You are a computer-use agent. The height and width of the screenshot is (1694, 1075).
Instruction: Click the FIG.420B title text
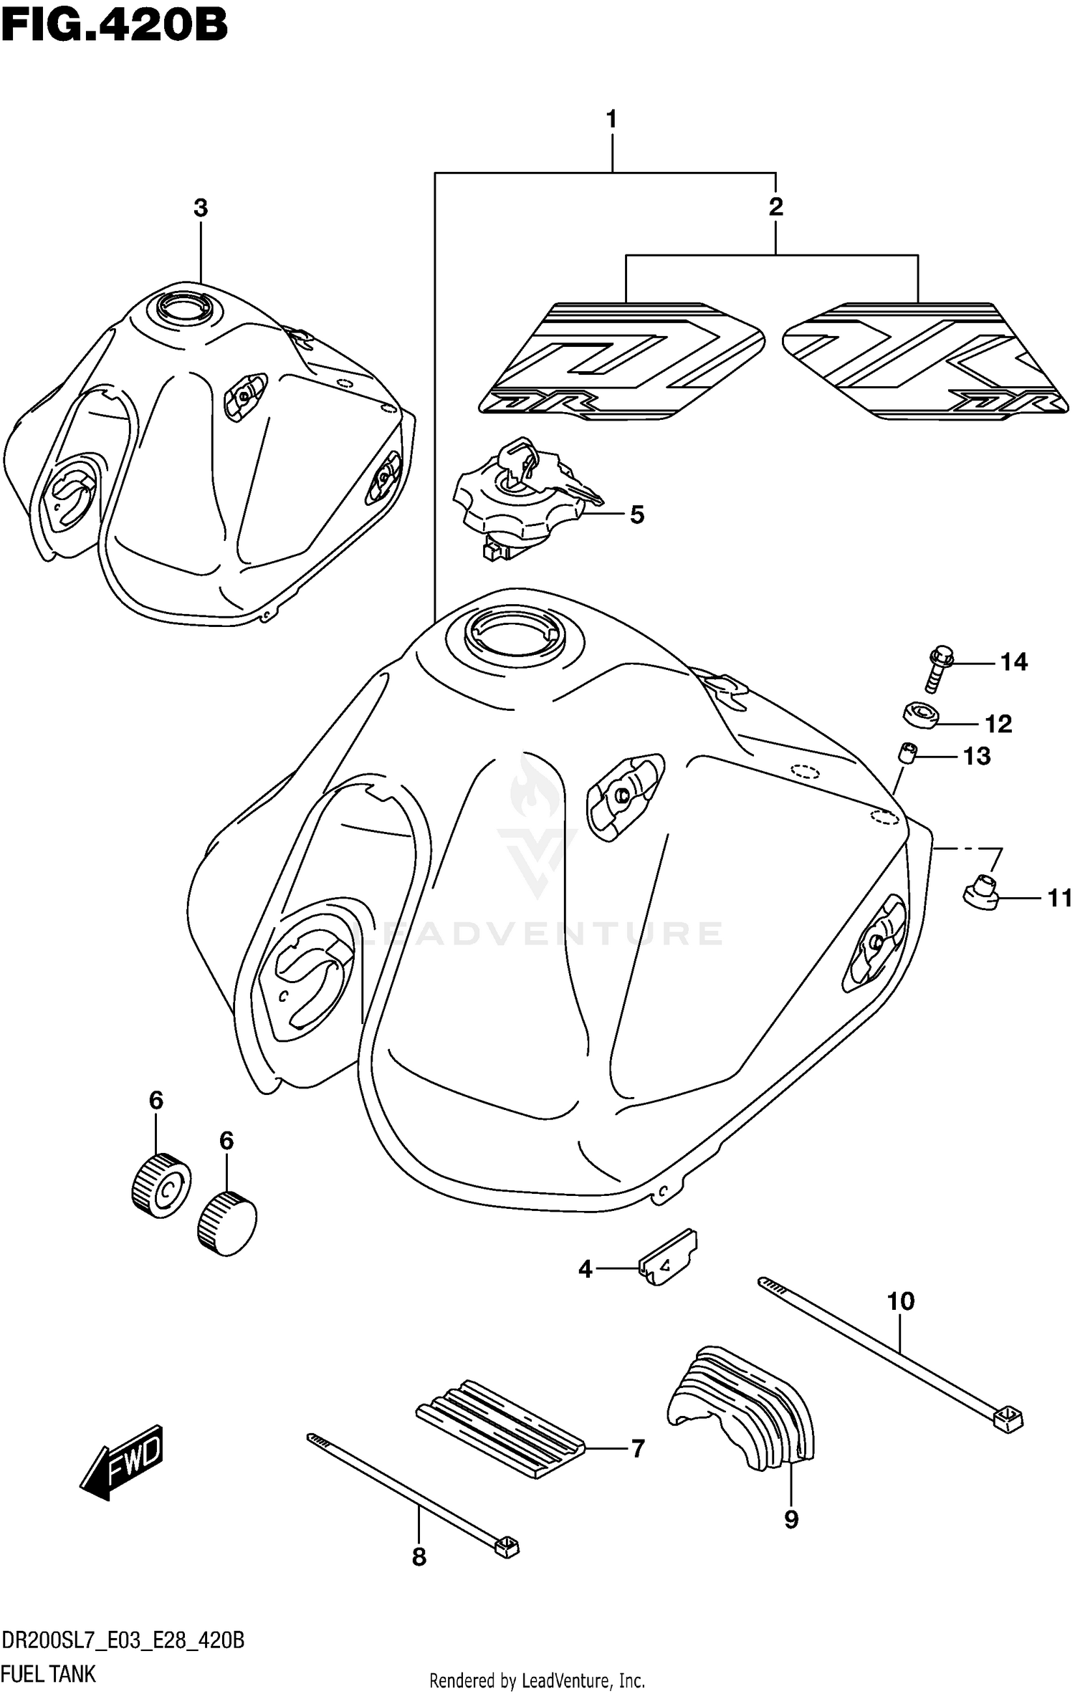tap(115, 27)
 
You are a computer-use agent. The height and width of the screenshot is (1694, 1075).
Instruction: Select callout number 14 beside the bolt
tap(1013, 661)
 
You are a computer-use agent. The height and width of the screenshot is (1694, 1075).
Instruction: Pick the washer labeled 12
tap(921, 716)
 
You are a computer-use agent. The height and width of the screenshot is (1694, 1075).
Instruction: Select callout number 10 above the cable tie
tap(901, 1301)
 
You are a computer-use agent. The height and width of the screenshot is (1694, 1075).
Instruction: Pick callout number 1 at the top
tap(611, 119)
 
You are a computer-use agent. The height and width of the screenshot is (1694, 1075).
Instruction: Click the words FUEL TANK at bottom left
tap(49, 1673)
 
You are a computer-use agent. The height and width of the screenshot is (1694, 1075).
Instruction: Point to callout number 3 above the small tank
tap(201, 208)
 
